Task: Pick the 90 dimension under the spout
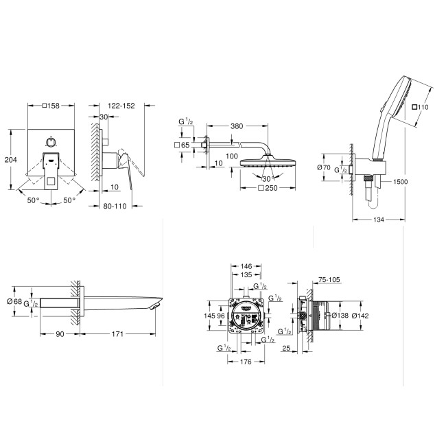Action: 60,333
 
